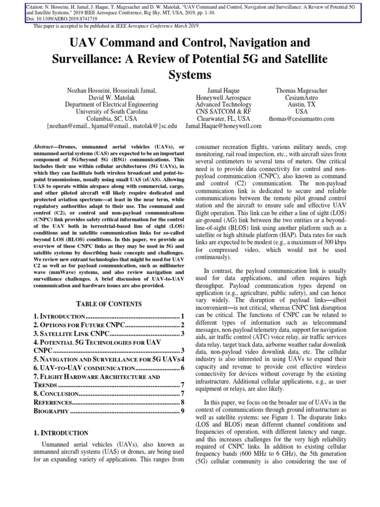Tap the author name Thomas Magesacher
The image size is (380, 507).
click(301, 90)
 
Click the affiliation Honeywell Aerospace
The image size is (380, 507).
click(223, 98)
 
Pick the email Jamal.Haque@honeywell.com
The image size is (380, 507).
click(223, 126)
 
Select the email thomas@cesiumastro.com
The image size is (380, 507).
click(301, 119)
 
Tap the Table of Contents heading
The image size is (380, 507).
click(108, 304)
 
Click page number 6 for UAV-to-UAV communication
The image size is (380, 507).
click(183, 368)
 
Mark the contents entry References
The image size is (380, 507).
click(52, 402)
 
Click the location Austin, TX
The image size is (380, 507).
click(301, 104)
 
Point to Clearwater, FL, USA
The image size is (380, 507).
click(223, 119)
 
